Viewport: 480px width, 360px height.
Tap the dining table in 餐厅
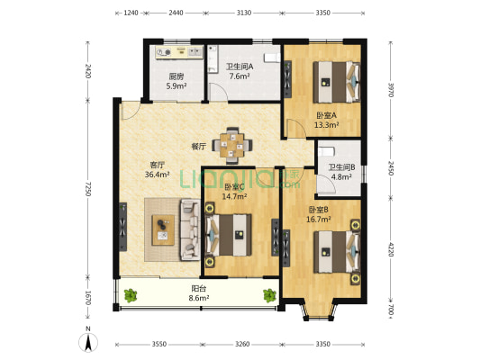pos(232,145)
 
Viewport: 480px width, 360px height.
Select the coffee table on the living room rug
pos(163,230)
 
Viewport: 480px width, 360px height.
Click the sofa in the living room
pos(190,229)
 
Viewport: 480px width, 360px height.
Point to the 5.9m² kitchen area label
pos(177,86)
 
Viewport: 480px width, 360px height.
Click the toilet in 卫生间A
pos(272,58)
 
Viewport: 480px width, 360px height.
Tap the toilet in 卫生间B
pos(326,152)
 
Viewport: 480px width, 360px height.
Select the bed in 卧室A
pos(337,82)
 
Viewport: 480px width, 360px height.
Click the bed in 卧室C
pos(229,235)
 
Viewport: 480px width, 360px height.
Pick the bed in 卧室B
pos(337,252)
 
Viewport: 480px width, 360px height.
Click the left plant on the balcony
pos(131,295)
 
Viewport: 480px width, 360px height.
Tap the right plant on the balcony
pos(269,295)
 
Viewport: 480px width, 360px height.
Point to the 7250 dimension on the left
pos(88,189)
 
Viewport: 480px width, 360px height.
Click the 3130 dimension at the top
pos(244,13)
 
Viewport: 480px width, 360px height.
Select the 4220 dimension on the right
pos(391,249)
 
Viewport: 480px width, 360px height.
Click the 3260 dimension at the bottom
pos(242,345)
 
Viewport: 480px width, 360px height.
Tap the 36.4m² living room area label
pos(158,175)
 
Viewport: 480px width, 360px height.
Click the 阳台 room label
pos(199,288)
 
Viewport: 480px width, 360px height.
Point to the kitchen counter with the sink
pos(179,52)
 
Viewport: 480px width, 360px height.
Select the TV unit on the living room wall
pos(122,227)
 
